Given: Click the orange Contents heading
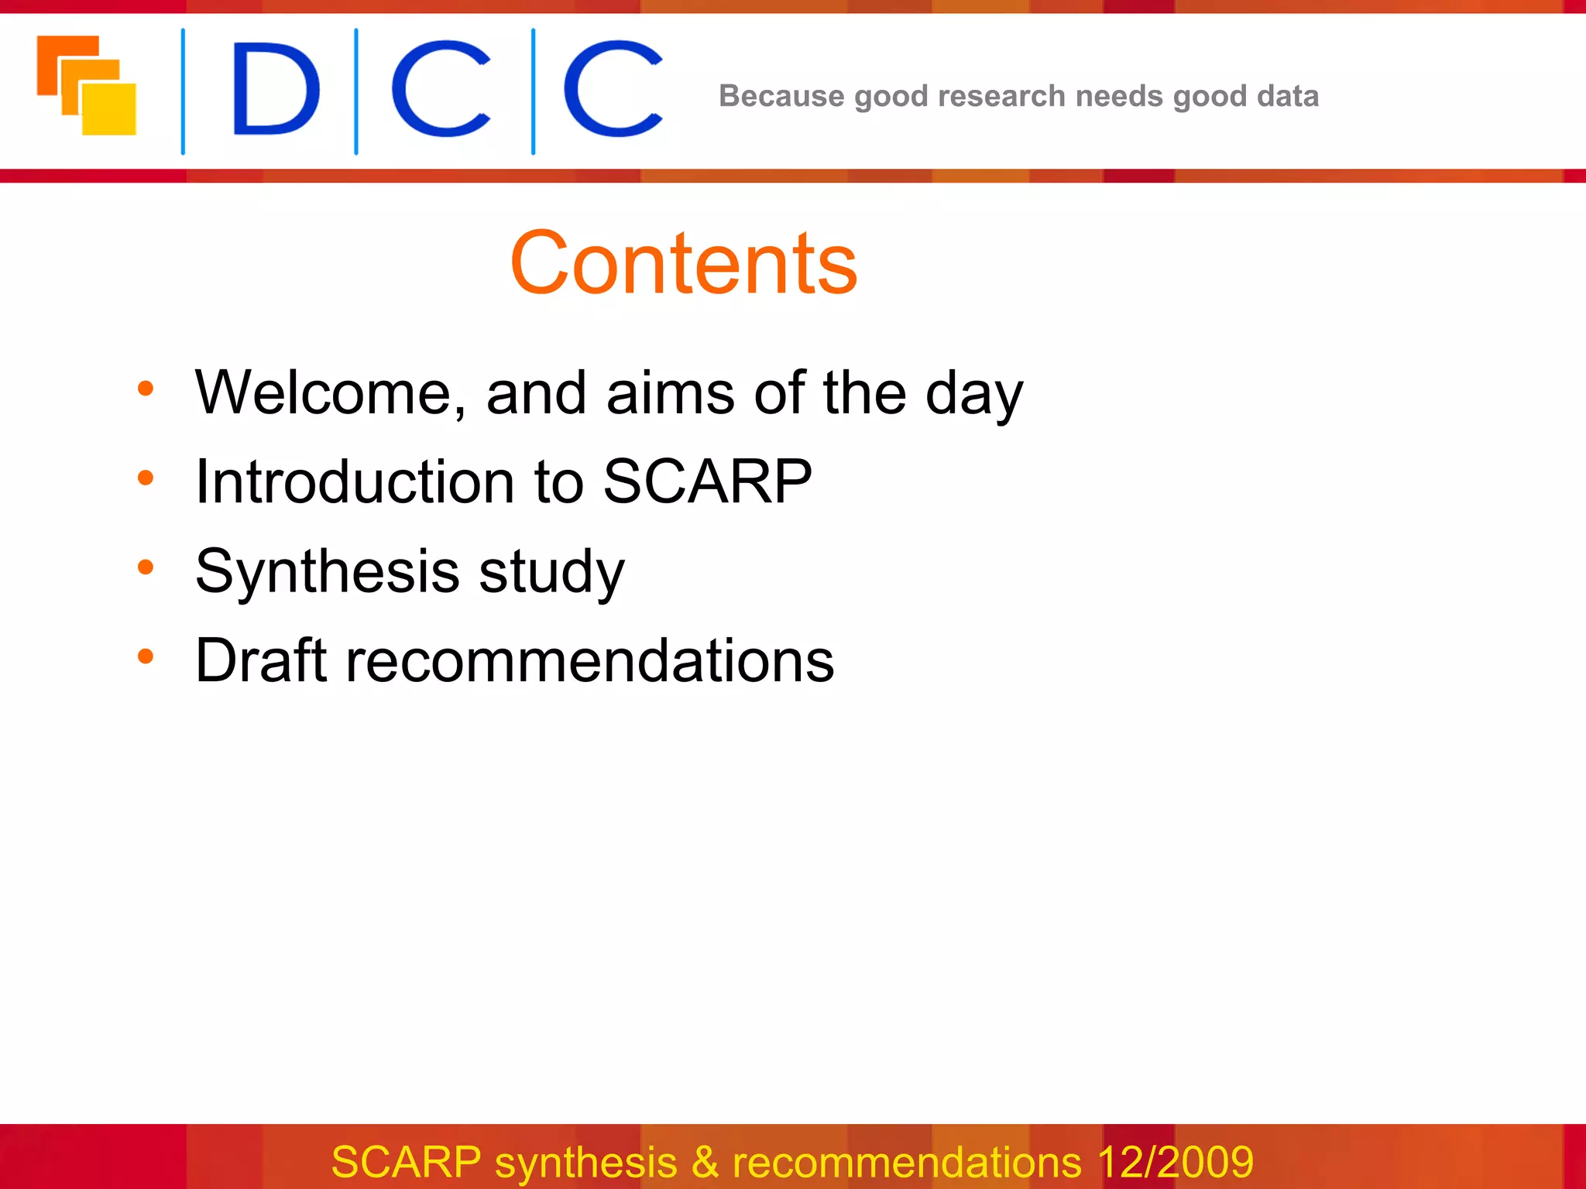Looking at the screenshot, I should tap(684, 264).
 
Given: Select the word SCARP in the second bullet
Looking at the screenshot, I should tap(707, 481).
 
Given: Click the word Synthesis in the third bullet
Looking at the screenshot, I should tap(328, 571).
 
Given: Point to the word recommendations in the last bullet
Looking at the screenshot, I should tap(589, 660).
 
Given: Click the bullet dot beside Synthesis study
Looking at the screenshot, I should tap(146, 567).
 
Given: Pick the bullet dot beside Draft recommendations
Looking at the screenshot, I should tap(146, 656).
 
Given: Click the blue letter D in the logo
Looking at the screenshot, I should tap(275, 90).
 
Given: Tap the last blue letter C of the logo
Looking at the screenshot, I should tap(613, 90).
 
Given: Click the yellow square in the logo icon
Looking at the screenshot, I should tap(109, 109).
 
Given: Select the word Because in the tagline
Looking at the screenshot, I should tap(781, 96).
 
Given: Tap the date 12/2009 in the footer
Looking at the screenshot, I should tap(1175, 1162).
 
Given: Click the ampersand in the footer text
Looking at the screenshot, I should tap(705, 1162).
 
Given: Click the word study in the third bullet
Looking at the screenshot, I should tap(551, 571).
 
